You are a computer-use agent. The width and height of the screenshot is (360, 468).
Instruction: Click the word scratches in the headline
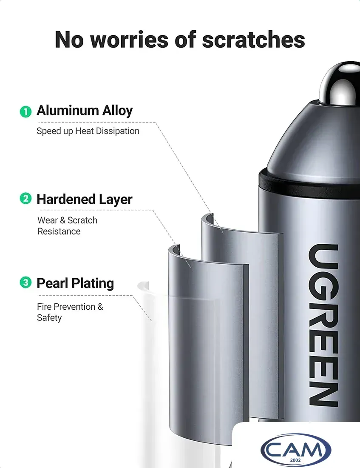pyautogui.click(x=253, y=40)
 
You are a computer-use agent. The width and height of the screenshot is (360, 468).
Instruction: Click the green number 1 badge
pyautogui.click(x=26, y=111)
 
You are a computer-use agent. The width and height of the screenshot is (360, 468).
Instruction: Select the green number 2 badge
pyautogui.click(x=26, y=199)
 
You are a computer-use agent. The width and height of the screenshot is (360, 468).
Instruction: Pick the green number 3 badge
pyautogui.click(x=26, y=282)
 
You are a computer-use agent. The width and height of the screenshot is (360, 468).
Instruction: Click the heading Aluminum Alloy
pyautogui.click(x=85, y=111)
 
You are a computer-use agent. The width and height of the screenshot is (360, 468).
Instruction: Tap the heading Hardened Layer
pyautogui.click(x=85, y=200)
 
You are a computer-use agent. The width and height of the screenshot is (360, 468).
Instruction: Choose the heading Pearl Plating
pyautogui.click(x=75, y=283)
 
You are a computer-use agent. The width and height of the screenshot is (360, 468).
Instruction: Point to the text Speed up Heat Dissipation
pyautogui.click(x=88, y=131)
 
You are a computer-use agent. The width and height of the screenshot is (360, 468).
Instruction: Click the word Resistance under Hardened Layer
pyautogui.click(x=59, y=231)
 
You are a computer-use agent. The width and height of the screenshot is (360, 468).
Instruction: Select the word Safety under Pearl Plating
pyautogui.click(x=49, y=317)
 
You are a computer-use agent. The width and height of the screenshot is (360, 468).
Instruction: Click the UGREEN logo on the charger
pyautogui.click(x=323, y=325)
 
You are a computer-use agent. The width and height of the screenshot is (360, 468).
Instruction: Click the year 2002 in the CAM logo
pyautogui.click(x=295, y=460)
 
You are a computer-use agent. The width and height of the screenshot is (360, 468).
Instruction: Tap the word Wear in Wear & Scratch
pyautogui.click(x=48, y=220)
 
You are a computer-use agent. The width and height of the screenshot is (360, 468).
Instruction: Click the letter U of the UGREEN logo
pyautogui.click(x=323, y=257)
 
